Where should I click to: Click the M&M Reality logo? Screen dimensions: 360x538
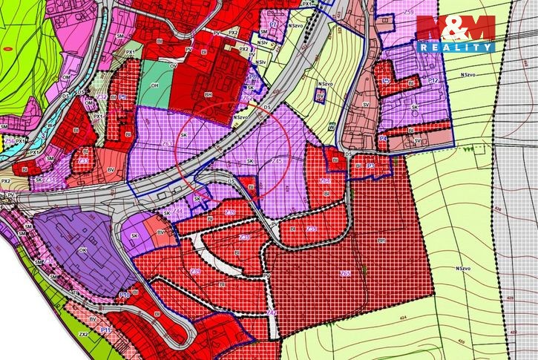[x=456, y=33]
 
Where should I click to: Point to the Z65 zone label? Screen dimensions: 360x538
[x=345, y=274]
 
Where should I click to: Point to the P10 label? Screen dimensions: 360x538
[x=124, y=295]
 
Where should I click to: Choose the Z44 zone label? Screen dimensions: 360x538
[x=178, y=212]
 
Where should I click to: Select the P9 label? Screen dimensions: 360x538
[x=122, y=97]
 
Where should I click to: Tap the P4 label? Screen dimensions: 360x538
[x=382, y=138]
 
